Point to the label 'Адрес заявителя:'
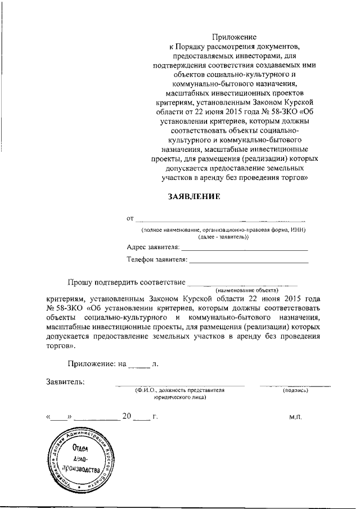(x=154, y=247)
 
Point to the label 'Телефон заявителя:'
(x=157, y=260)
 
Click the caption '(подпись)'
(x=295, y=390)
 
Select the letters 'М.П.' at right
(x=296, y=417)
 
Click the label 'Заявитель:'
(x=66, y=382)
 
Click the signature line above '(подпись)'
(x=295, y=386)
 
